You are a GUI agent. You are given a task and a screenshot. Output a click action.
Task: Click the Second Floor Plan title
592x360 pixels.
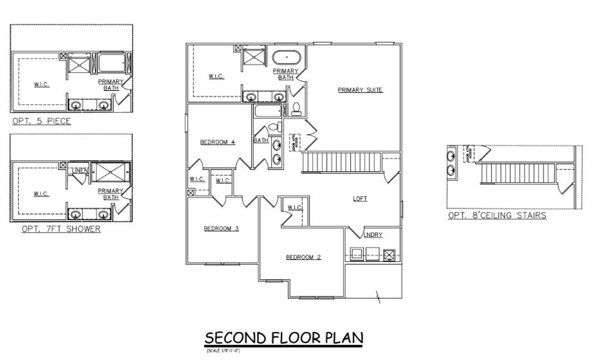pyautogui.click(x=284, y=338)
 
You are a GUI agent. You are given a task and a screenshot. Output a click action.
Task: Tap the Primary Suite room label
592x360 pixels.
pyautogui.click(x=360, y=90)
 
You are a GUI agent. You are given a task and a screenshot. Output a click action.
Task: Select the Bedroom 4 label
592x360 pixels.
pyautogui.click(x=217, y=142)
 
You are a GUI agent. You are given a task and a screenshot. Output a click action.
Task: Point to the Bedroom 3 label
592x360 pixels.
pyautogui.click(x=221, y=228)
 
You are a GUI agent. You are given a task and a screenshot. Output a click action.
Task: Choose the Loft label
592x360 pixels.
pyautogui.click(x=360, y=199)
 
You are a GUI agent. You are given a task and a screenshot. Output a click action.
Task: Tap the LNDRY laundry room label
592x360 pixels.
pyautogui.click(x=374, y=235)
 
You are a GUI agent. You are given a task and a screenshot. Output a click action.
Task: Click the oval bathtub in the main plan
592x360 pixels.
pyautogui.click(x=286, y=58)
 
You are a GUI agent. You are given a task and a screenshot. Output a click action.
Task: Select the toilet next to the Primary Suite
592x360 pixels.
pyautogui.click(x=296, y=109)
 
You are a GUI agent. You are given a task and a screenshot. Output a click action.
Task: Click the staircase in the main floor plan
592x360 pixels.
pyautogui.click(x=341, y=163)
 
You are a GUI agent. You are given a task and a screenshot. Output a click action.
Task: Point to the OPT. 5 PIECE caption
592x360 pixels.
pyautogui.click(x=42, y=122)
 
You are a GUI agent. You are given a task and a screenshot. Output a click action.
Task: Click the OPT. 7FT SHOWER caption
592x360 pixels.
pyautogui.click(x=61, y=229)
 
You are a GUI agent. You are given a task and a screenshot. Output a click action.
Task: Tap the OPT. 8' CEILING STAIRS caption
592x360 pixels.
pyautogui.click(x=497, y=215)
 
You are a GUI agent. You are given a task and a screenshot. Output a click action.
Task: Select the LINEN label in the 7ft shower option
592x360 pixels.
pyautogui.click(x=79, y=171)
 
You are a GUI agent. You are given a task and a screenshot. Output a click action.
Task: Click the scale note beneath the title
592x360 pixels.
pyautogui.click(x=223, y=351)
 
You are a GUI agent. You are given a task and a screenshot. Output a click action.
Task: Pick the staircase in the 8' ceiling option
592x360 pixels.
pyautogui.click(x=518, y=173)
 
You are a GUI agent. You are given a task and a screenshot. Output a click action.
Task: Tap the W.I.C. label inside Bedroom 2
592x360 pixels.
pyautogui.click(x=295, y=207)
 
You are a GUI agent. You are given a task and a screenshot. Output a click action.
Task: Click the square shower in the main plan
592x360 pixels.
pyautogui.click(x=253, y=58)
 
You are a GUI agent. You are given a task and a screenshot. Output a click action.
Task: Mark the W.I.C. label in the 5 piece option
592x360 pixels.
pyautogui.click(x=42, y=85)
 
